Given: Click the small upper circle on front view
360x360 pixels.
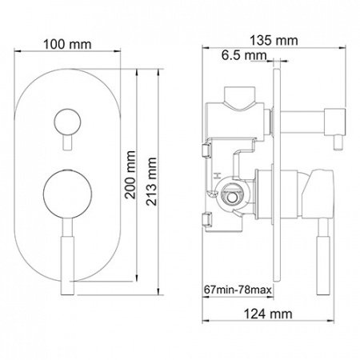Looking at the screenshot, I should [x=63, y=123].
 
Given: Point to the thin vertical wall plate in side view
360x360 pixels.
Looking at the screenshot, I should [x=278, y=176].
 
